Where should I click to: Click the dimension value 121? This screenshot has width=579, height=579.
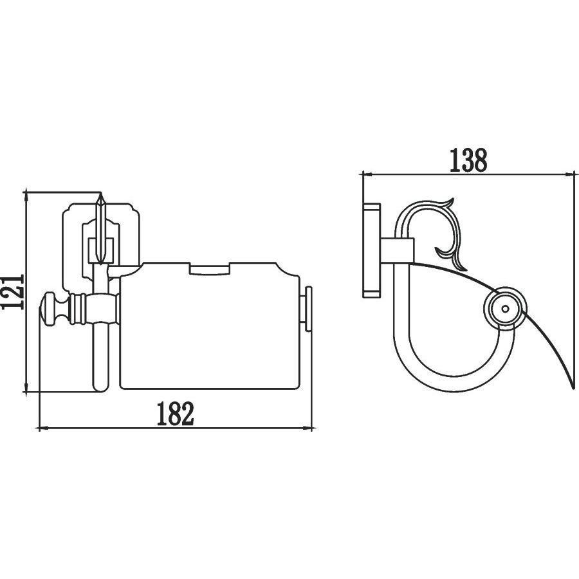coord(14,291)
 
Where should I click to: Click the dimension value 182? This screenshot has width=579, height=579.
coord(176,414)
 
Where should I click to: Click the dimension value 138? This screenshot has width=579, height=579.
coord(468,161)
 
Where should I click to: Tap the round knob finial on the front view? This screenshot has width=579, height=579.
coord(51,308)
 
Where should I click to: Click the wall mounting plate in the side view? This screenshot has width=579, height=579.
coord(371,245)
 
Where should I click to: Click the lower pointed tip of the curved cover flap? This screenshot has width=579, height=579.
coord(573,387)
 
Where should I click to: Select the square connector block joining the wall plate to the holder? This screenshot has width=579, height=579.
coord(398,251)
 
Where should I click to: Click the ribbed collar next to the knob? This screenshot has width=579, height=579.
coord(78,308)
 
